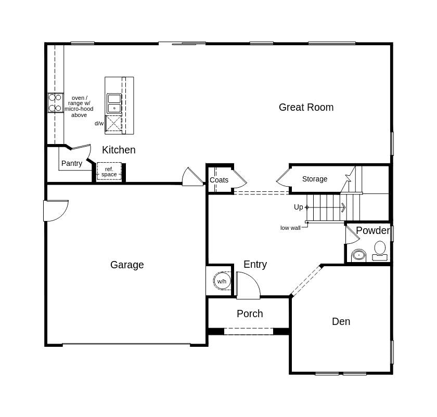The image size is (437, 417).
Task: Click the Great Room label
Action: (x=306, y=108)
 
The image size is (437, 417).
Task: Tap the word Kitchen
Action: (x=119, y=150)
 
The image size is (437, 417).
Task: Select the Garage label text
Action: (x=127, y=265)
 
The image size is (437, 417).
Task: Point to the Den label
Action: (x=341, y=322)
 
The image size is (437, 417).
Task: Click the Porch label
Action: (x=250, y=314)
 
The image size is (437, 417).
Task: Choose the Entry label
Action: (x=255, y=265)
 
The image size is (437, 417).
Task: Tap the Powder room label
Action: (x=372, y=231)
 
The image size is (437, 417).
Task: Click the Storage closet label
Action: (x=315, y=179)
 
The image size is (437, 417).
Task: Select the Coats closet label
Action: (x=219, y=180)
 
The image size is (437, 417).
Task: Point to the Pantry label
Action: (x=72, y=164)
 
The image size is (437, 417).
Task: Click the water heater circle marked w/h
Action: (x=222, y=281)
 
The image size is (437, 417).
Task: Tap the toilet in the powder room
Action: (x=380, y=250)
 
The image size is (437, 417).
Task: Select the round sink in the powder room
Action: (x=359, y=255)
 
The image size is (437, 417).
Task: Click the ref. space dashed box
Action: (x=109, y=172)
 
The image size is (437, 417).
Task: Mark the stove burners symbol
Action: (x=55, y=103)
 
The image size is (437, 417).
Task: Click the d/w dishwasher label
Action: (x=99, y=124)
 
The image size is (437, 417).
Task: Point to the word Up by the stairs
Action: (x=298, y=207)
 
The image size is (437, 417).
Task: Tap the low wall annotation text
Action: (x=290, y=228)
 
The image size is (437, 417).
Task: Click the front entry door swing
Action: (x=248, y=286)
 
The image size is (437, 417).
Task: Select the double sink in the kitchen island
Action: (x=114, y=103)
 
